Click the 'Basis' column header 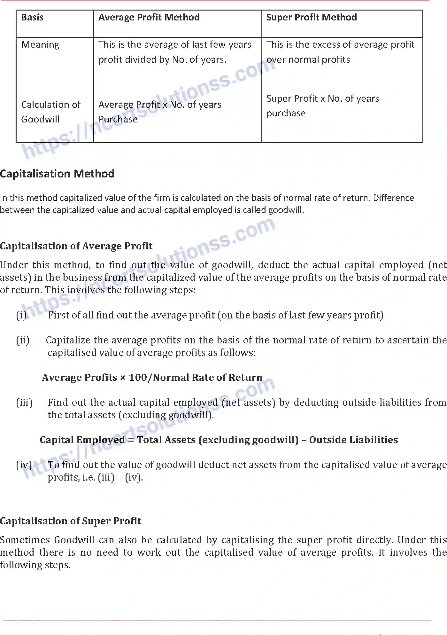[x=32, y=17]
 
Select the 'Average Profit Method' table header [x=149, y=17]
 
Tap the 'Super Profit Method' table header [x=312, y=17]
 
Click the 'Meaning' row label [x=40, y=45]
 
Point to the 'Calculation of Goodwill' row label [x=50, y=112]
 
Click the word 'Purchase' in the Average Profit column [x=118, y=120]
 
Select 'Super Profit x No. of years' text [x=323, y=98]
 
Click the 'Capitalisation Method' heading [x=57, y=174]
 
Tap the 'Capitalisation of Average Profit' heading [x=76, y=246]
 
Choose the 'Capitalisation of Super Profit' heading [x=71, y=521]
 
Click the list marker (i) [x=21, y=315]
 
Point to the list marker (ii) [x=23, y=340]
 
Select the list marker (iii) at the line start [x=24, y=403]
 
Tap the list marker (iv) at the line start [x=24, y=465]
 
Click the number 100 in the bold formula [x=137, y=378]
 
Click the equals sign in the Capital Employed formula [x=131, y=440]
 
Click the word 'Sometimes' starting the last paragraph [x=25, y=540]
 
